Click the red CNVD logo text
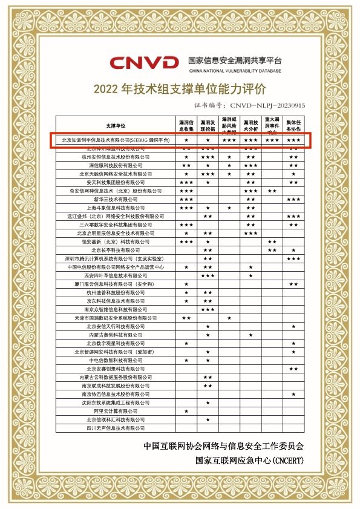[144, 62]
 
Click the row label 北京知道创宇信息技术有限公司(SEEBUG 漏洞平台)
[117, 140]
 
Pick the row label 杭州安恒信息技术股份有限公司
[117, 156]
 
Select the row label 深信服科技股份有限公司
[117, 165]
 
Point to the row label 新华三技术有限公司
[117, 199]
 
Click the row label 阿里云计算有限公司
[117, 411]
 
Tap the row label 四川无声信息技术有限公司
[117, 428]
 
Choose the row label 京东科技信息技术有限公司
[117, 300]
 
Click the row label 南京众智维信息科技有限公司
[117, 309]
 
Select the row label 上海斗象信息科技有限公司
[117, 207]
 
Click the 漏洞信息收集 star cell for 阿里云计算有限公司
[186, 411]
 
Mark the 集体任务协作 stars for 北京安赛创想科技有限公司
[293, 368]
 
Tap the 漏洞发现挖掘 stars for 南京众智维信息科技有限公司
[208, 309]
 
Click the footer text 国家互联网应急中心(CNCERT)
[249, 460]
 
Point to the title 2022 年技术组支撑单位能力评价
[180, 89]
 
